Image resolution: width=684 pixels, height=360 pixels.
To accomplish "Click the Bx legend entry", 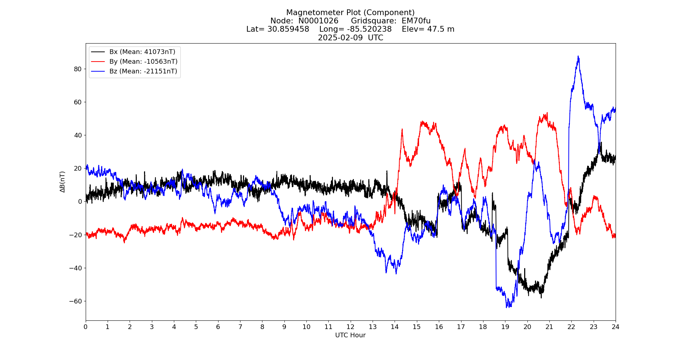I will click(x=142, y=52).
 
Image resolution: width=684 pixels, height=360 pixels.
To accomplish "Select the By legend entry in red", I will click(x=143, y=62).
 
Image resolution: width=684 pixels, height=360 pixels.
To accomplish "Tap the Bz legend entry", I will click(x=143, y=71).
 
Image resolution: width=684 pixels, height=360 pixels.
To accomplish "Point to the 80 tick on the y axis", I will click(x=78, y=69).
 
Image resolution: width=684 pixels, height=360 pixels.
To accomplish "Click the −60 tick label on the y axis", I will click(x=76, y=301).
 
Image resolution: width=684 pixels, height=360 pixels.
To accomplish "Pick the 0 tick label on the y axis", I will click(x=80, y=202).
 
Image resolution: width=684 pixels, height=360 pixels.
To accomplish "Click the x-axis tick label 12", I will click(x=350, y=327).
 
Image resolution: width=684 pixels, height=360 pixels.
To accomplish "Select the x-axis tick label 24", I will click(x=615, y=327).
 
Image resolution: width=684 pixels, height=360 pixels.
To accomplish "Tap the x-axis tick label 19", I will click(x=505, y=327).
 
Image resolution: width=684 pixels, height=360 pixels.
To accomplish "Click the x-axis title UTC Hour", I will click(x=350, y=335).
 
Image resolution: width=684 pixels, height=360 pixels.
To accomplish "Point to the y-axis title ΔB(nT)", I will click(x=63, y=182).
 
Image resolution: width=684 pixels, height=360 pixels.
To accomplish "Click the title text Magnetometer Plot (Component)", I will click(x=350, y=13).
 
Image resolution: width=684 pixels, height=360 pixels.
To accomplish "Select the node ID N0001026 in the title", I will click(x=318, y=21).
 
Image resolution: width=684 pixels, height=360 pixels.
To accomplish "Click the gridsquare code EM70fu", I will click(x=416, y=21).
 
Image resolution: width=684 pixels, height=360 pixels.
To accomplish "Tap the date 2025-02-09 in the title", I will click(x=340, y=38).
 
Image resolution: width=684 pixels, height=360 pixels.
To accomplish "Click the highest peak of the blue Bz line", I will click(x=578, y=56).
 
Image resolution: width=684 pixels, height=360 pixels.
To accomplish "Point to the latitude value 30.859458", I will click(x=288, y=29).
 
